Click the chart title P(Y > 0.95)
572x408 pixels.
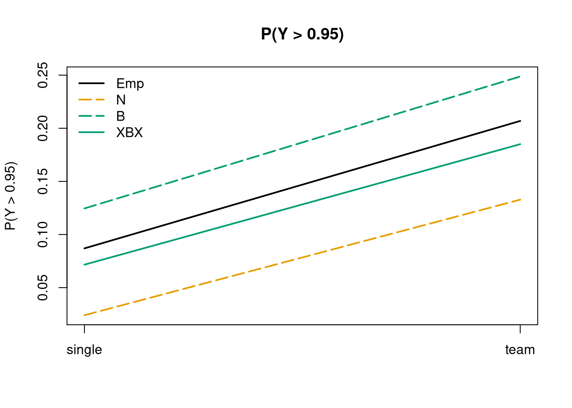302,34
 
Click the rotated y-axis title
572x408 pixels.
11,196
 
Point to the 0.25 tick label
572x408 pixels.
43,75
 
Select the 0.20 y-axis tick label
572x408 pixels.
43,128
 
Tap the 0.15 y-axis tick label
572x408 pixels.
43,181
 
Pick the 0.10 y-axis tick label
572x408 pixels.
43,235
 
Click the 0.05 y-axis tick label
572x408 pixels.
43,288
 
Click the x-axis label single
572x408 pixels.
84,350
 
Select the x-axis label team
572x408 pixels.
520,350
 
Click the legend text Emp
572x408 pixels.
130,84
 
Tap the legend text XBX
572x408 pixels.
129,132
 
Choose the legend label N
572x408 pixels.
121,100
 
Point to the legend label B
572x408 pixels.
120,116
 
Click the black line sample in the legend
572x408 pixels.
92,83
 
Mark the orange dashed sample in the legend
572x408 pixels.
92,99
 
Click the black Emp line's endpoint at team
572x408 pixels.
520,121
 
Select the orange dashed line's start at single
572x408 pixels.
84,315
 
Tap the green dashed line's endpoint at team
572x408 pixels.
520,76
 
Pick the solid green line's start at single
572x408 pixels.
84,265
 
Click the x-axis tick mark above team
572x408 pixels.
520,329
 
